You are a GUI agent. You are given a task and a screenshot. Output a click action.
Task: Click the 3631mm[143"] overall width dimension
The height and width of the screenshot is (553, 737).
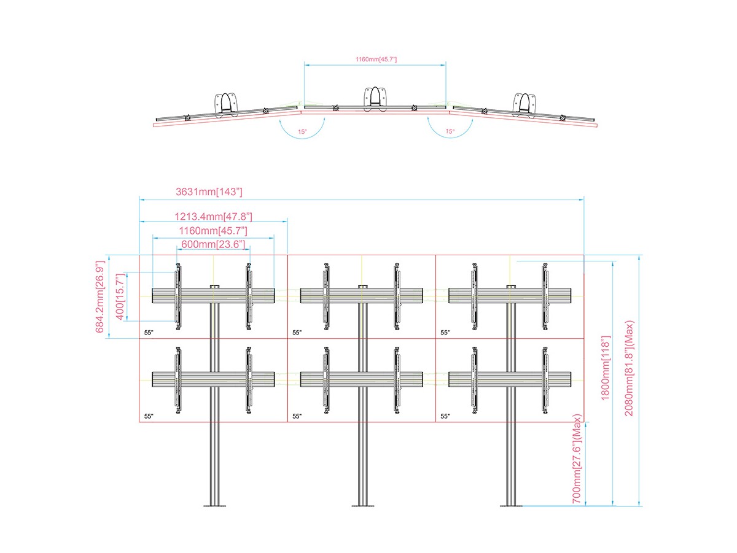click(x=209, y=192)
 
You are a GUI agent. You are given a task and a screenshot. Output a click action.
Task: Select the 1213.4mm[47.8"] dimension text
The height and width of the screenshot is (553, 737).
click(x=213, y=216)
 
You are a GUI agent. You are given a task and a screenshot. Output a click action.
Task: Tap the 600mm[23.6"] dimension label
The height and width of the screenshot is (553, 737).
click(x=213, y=244)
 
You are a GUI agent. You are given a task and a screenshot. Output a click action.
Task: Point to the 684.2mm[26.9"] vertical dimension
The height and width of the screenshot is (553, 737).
click(x=100, y=296)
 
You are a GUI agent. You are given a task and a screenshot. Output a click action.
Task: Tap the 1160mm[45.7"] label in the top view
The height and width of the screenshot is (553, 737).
click(x=376, y=59)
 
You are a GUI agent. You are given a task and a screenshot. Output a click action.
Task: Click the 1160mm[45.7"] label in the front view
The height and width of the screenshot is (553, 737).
click(x=213, y=230)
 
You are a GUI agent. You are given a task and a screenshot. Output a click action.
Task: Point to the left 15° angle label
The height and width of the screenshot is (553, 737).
click(x=302, y=131)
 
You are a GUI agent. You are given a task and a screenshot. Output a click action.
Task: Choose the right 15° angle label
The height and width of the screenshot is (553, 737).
click(x=450, y=131)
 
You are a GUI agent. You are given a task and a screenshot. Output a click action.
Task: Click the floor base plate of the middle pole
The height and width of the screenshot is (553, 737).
click(x=362, y=505)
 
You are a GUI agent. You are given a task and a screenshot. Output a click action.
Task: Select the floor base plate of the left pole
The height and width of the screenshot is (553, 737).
click(x=215, y=505)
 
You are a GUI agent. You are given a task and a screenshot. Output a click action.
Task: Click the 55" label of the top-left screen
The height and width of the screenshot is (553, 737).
click(x=148, y=332)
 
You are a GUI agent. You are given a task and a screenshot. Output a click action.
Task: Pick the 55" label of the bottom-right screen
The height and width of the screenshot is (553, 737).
click(x=445, y=416)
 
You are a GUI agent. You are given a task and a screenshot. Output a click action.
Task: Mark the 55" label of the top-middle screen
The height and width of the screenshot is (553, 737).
click(x=297, y=332)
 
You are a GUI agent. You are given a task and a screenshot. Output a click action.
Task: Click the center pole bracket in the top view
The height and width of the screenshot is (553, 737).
click(x=375, y=99)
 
